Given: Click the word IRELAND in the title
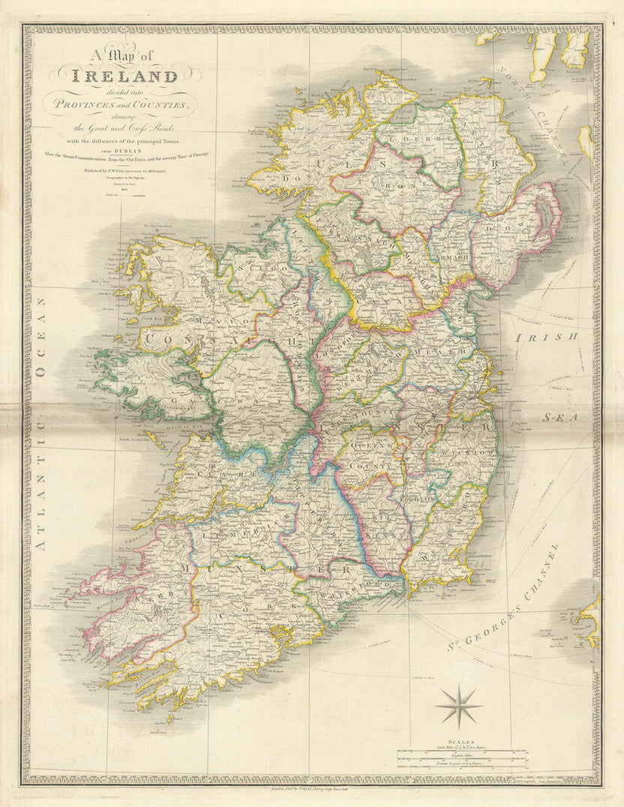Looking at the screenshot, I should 124,76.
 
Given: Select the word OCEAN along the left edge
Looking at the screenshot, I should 41,337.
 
